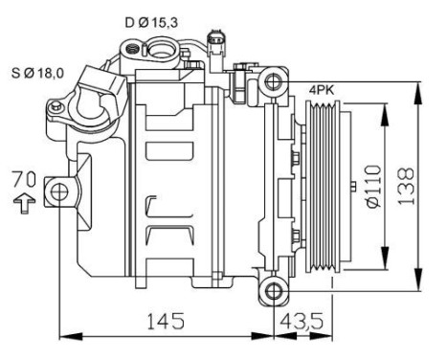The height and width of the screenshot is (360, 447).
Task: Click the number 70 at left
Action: point(26,179)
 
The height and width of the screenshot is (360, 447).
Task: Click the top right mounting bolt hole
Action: point(274,81)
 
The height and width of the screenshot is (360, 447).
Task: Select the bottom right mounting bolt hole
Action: point(274,290)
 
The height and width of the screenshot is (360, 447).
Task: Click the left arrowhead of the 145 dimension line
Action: point(64,336)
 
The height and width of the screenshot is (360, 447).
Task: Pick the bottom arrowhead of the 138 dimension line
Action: point(418,285)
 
